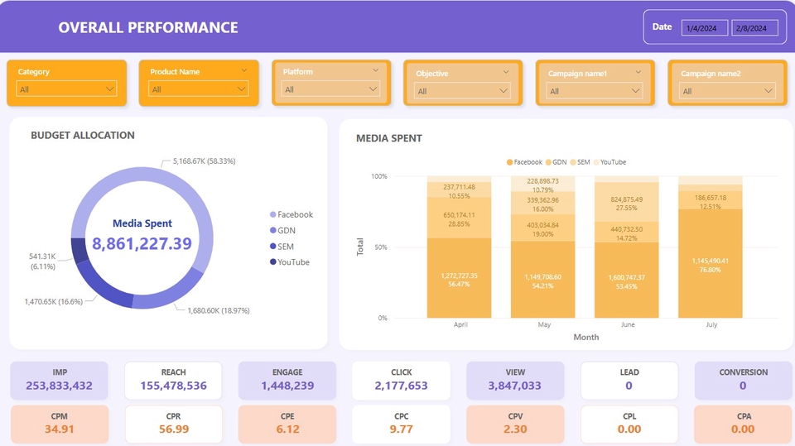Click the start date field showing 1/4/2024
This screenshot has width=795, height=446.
(x=704, y=28)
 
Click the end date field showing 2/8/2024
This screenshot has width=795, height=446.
(x=754, y=28)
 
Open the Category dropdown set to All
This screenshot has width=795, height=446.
(x=66, y=89)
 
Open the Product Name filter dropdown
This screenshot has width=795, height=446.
(x=198, y=89)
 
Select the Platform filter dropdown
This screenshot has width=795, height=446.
(x=331, y=89)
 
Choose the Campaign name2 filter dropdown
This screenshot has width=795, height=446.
(x=727, y=91)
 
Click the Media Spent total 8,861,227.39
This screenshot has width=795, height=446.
(x=142, y=243)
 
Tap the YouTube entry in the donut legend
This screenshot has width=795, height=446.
(x=292, y=262)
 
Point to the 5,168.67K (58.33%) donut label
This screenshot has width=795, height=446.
(x=203, y=161)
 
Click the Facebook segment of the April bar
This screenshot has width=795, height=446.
(x=460, y=278)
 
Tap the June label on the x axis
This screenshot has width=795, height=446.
(x=628, y=325)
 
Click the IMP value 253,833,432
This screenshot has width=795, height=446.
(x=59, y=386)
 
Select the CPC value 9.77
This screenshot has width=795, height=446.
(x=401, y=429)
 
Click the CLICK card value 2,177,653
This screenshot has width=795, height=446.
(x=401, y=386)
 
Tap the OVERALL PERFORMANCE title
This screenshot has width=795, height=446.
(x=148, y=27)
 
